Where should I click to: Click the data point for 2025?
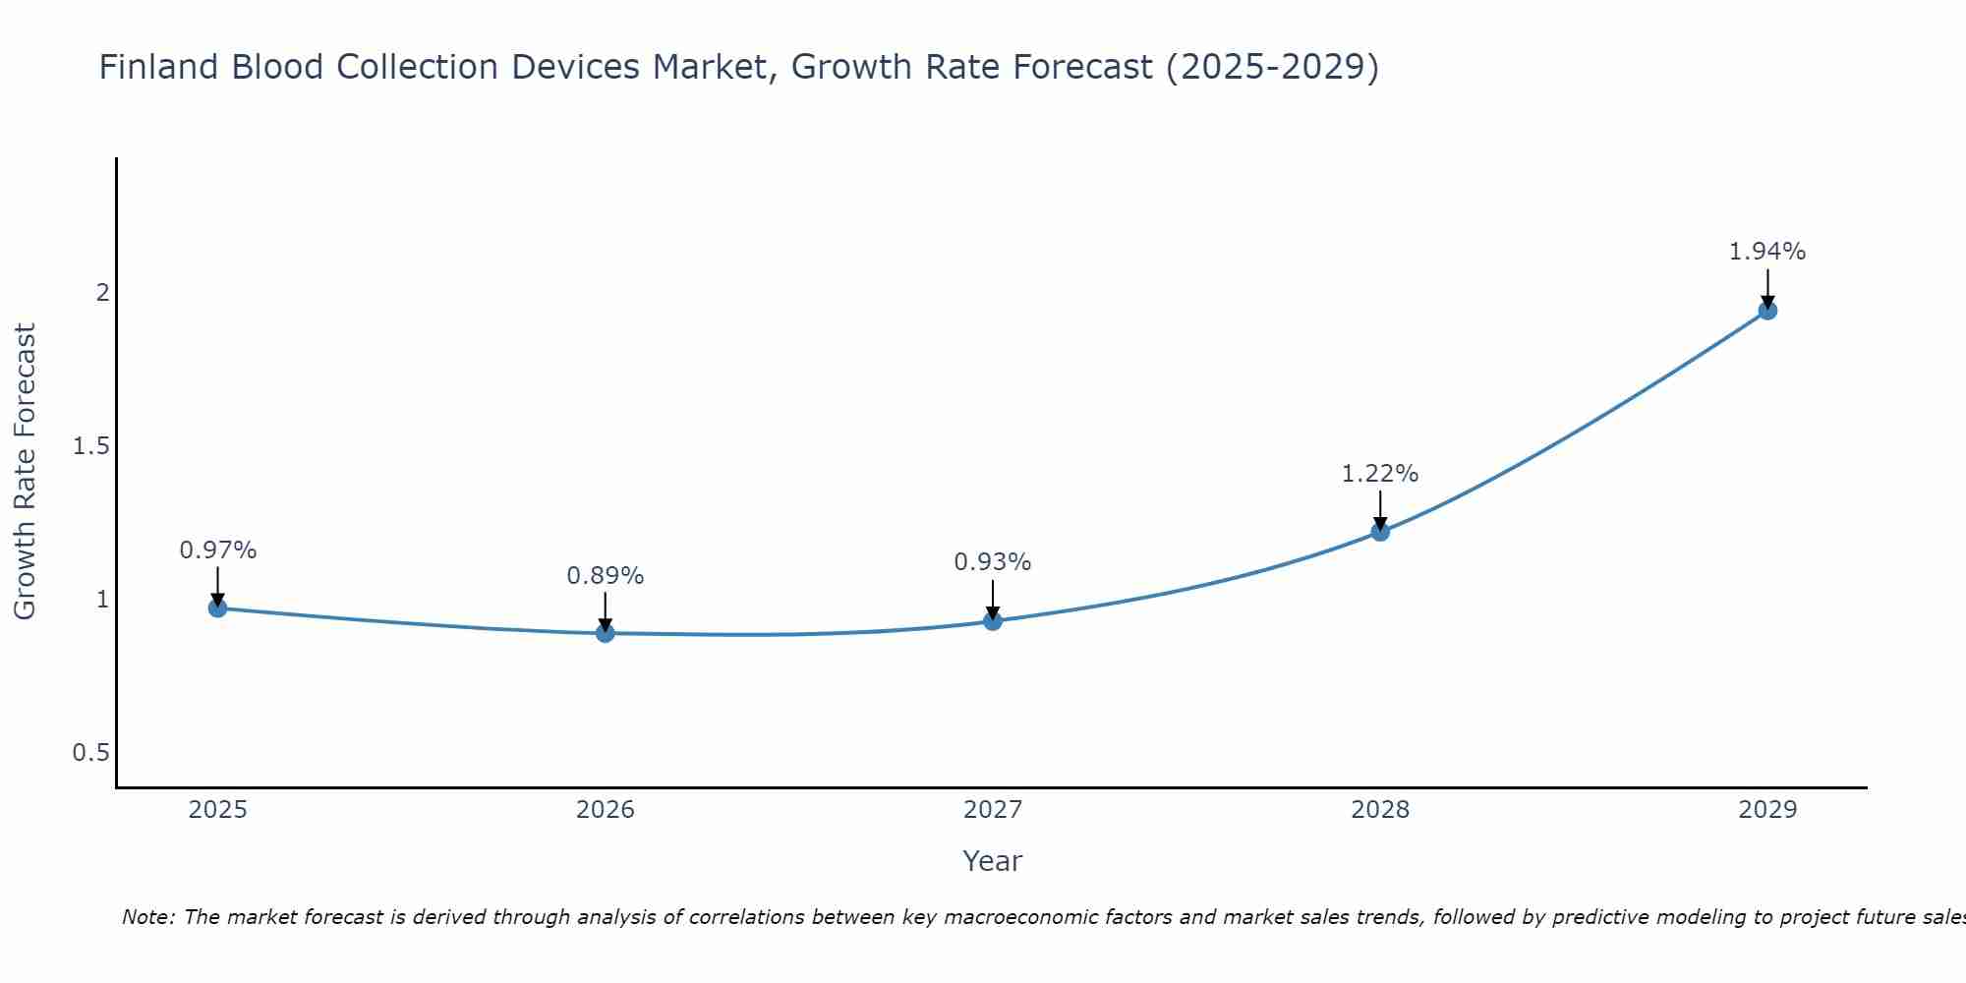[218, 608]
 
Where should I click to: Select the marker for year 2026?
[606, 633]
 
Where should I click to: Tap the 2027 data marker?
[993, 621]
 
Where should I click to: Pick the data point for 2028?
[1380, 532]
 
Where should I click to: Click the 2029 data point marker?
[1767, 311]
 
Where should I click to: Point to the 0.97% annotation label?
[218, 550]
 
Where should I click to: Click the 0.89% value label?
[606, 576]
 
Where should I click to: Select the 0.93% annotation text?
[993, 562]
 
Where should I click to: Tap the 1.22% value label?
[1380, 474]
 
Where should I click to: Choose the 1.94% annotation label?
[1767, 252]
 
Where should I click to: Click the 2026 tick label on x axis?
[606, 810]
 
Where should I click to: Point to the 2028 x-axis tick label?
[1380, 810]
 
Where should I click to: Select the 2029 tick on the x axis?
[1767, 810]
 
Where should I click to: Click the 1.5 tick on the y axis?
[90, 446]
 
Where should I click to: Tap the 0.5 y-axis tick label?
[90, 753]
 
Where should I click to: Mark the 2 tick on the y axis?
[101, 293]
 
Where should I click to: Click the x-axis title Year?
[993, 861]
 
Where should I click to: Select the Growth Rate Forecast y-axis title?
[26, 472]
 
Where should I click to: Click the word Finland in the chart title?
[160, 67]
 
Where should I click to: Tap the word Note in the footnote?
[147, 917]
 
